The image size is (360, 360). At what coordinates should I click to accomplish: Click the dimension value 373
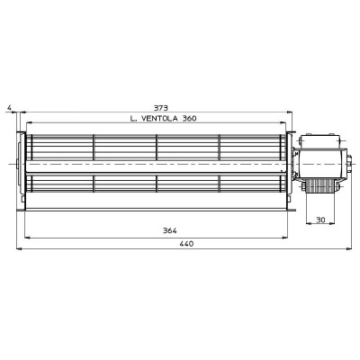(161, 108)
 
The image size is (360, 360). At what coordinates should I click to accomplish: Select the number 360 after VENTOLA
(189, 119)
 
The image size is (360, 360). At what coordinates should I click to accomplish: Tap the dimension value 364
(170, 230)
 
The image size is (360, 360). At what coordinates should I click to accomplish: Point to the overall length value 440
(187, 244)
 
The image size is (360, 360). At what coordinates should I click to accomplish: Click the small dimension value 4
(10, 107)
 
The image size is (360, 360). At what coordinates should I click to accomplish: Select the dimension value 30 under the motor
(320, 220)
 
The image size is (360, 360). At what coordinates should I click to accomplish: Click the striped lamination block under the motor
(319, 186)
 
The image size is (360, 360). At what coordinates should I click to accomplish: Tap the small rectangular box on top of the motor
(319, 141)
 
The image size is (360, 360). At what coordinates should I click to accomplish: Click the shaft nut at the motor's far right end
(350, 164)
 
